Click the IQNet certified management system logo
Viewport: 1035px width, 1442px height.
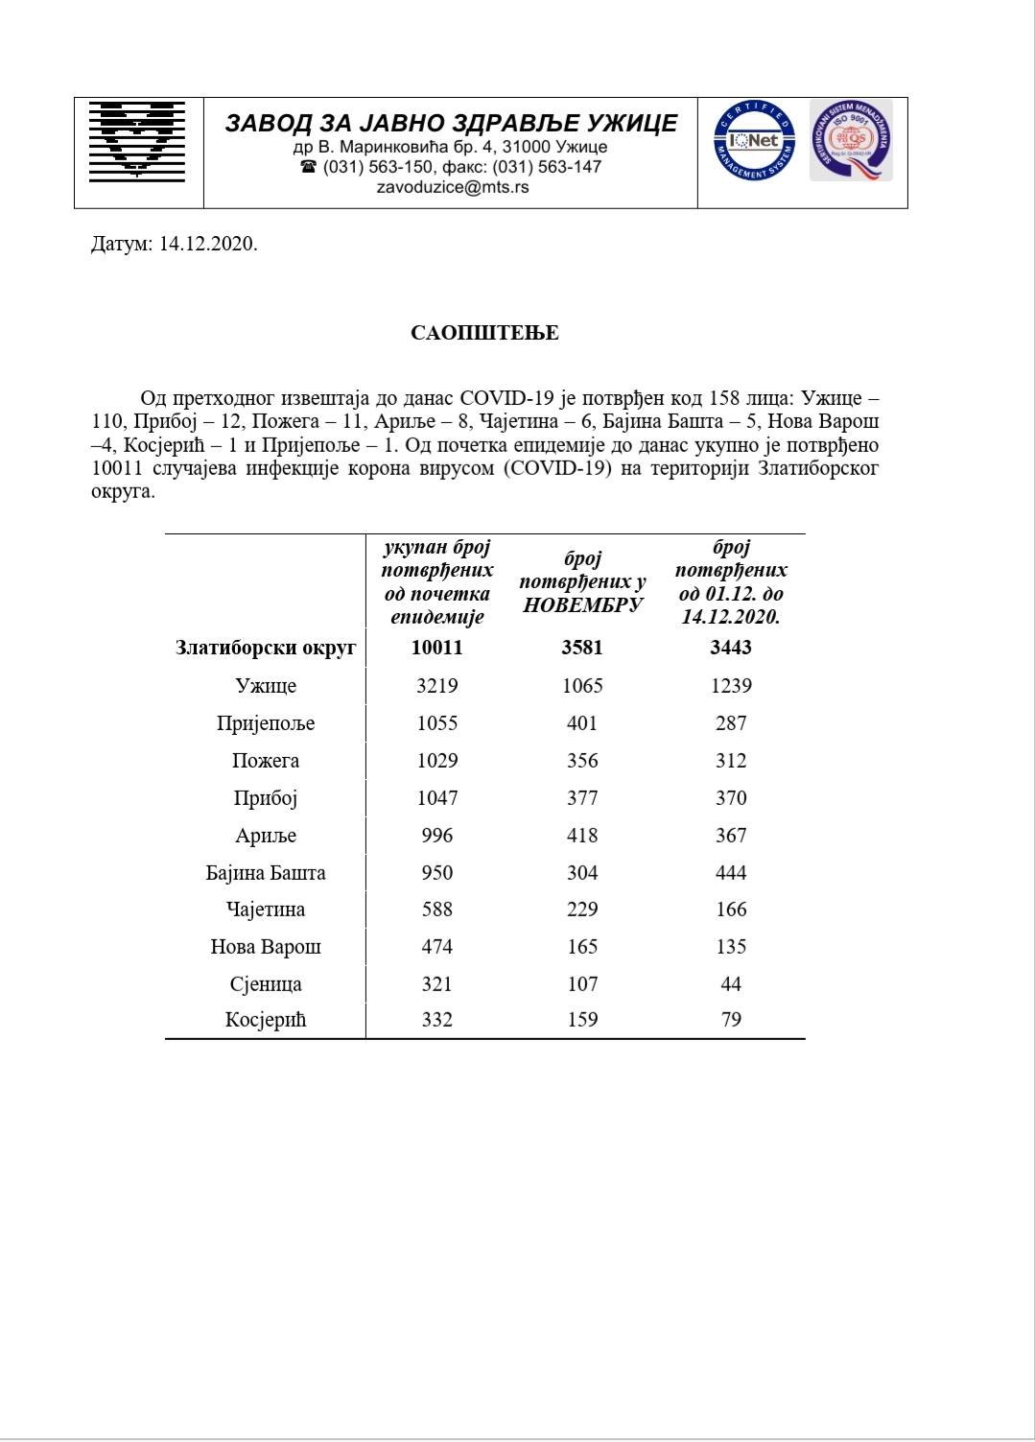point(754,142)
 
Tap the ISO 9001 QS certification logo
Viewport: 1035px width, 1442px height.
point(852,140)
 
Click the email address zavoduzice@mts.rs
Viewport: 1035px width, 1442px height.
point(452,187)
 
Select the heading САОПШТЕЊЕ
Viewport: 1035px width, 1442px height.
point(484,333)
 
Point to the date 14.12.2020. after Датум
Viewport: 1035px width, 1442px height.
point(208,244)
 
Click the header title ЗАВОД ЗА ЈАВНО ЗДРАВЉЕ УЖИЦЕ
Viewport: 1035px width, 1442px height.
point(451,123)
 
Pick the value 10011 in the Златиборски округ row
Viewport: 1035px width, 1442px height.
point(437,648)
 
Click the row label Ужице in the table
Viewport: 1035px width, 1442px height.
point(266,686)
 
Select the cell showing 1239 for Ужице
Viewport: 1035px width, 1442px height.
point(731,686)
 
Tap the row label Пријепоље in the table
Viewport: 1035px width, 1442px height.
point(266,723)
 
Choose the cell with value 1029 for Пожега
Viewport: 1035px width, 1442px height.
point(437,761)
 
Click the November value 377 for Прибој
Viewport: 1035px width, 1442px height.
point(582,798)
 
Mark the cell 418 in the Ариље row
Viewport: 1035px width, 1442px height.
point(582,836)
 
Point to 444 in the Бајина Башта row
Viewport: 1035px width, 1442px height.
point(731,873)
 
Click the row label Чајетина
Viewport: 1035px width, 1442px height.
point(266,910)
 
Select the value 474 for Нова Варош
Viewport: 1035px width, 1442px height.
point(437,947)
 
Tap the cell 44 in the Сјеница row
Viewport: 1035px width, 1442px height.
point(731,984)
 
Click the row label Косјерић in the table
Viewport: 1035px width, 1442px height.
point(266,1020)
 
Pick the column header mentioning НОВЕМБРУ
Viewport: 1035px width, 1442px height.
point(582,581)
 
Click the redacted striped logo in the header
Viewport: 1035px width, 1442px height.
point(137,141)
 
